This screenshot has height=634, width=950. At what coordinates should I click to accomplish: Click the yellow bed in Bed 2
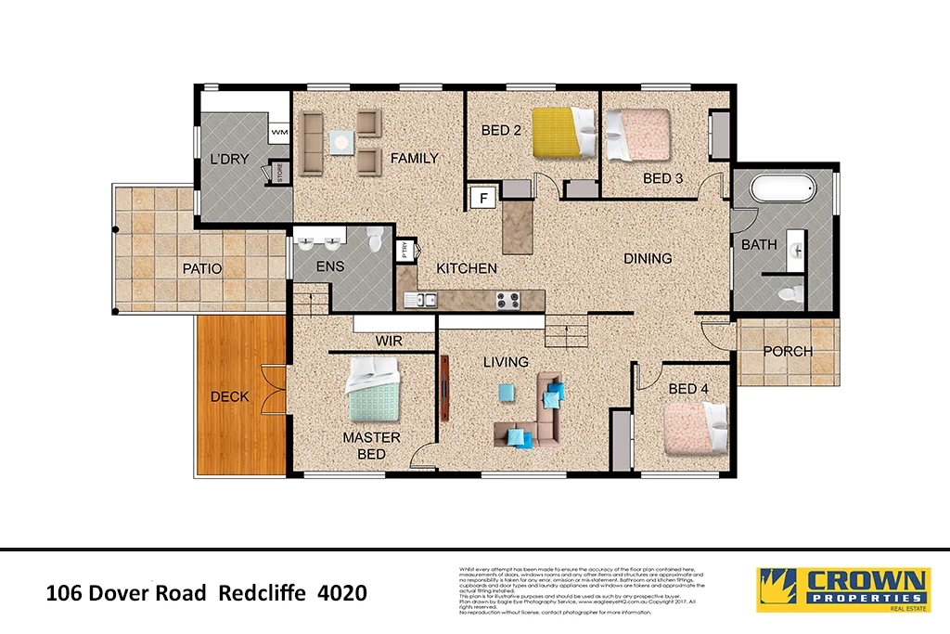[562, 132]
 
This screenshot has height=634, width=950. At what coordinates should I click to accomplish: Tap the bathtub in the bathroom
[781, 188]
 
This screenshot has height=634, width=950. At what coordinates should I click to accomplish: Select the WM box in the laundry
[279, 133]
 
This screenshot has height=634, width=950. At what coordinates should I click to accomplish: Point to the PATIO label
[202, 269]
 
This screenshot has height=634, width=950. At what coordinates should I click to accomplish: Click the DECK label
[229, 396]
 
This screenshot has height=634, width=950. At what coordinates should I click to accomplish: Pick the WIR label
[388, 341]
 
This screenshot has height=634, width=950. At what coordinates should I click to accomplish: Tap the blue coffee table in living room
[506, 393]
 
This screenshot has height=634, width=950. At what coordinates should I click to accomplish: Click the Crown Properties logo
[841, 590]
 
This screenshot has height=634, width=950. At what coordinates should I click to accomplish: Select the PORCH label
[787, 351]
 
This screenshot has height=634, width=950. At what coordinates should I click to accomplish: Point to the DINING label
[647, 258]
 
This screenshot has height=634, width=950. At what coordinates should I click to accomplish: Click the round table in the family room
[341, 141]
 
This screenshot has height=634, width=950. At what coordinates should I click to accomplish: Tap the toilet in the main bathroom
[788, 294]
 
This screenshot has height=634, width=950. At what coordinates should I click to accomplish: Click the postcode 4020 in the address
[342, 592]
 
